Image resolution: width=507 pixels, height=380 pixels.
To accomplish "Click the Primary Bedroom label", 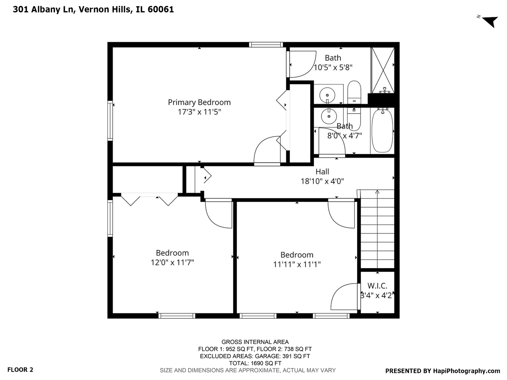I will (x=199, y=102).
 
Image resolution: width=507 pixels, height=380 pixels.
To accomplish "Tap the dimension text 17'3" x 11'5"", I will (x=199, y=112).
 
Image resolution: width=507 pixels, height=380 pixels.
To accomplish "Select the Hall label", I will (x=322, y=172).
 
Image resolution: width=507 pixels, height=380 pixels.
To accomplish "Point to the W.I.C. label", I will (x=377, y=286).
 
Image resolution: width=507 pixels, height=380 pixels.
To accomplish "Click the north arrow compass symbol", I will (x=489, y=21).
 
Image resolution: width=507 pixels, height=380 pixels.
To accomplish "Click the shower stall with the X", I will (x=383, y=70).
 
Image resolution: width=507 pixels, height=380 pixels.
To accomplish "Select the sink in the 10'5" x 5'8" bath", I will (x=328, y=95).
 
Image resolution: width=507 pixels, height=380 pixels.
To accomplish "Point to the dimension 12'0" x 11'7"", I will (x=172, y=262).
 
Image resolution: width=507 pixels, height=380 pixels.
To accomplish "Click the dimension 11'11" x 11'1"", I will (x=297, y=264).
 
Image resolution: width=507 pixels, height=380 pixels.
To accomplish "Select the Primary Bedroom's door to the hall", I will (x=267, y=151).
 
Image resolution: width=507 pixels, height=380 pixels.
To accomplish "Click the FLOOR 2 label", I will (x=20, y=370).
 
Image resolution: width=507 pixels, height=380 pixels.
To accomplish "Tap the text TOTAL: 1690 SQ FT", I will (x=255, y=363).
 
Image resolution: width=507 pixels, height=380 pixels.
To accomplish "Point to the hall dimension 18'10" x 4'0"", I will (x=322, y=182).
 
